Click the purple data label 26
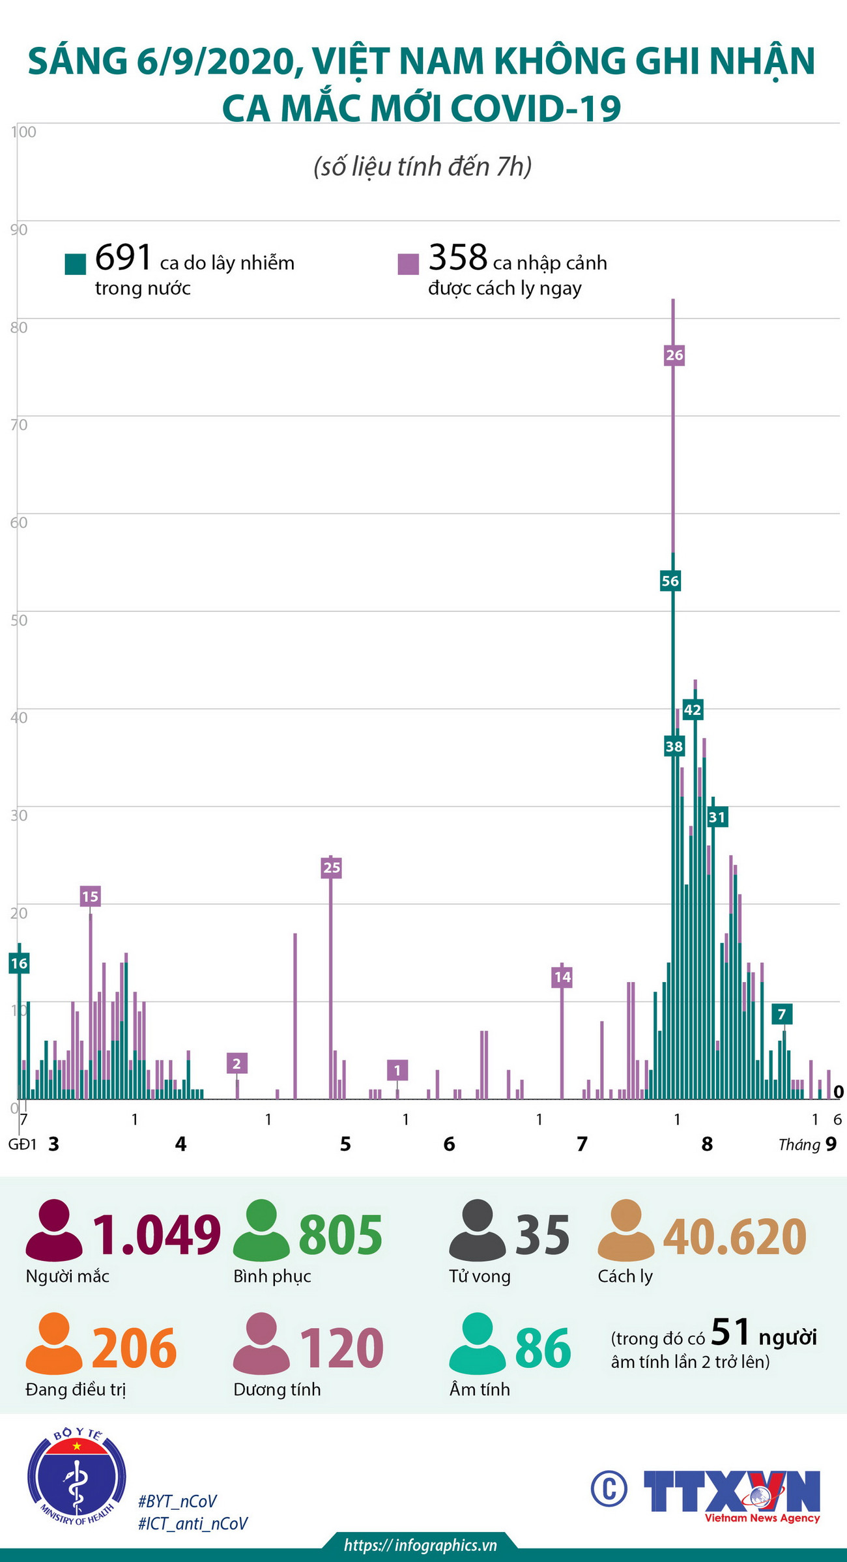pyautogui.click(x=674, y=355)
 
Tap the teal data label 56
pyautogui.click(x=670, y=581)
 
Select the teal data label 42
pyautogui.click(x=692, y=710)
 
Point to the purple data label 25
pyautogui.click(x=332, y=867)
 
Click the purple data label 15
pyautogui.click(x=90, y=896)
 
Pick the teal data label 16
pyautogui.click(x=19, y=963)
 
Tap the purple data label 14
pyautogui.click(x=562, y=977)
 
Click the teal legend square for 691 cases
pyautogui.click(x=76, y=264)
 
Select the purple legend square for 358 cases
pyautogui.click(x=409, y=264)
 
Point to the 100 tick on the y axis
pyautogui.click(x=23, y=132)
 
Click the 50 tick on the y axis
pyautogui.click(x=20, y=620)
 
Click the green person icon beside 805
pyautogui.click(x=261, y=1230)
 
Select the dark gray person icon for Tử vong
pyautogui.click(x=478, y=1230)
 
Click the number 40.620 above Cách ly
pyautogui.click(x=734, y=1236)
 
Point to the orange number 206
pyautogui.click(x=134, y=1348)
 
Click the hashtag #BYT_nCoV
pyautogui.click(x=177, y=1501)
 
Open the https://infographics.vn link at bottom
pyautogui.click(x=420, y=1545)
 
